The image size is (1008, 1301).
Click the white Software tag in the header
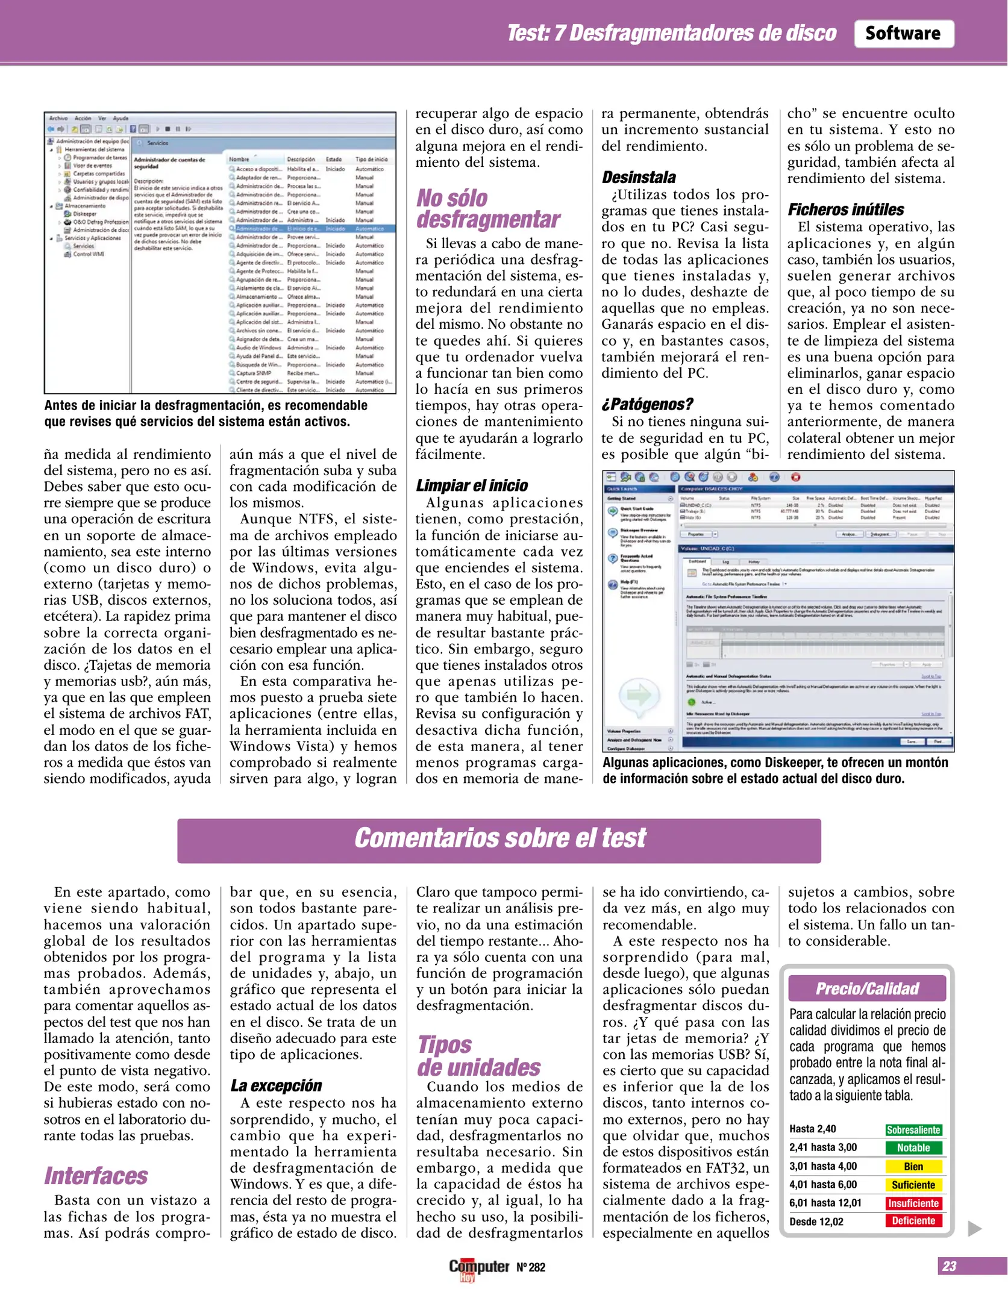tap(903, 34)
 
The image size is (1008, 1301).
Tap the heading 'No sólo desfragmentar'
tap(488, 208)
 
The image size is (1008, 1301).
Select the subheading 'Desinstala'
tap(639, 177)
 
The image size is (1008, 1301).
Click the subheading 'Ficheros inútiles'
tap(845, 210)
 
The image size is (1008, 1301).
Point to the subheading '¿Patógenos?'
tap(647, 404)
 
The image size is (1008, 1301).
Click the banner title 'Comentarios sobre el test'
tap(499, 838)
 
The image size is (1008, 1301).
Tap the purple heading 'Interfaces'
tap(96, 1175)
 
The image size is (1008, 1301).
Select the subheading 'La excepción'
tap(276, 1085)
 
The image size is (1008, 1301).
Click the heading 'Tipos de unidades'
tap(478, 1056)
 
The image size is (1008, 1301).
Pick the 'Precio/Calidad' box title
tap(866, 988)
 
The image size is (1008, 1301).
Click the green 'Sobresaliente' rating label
tap(913, 1130)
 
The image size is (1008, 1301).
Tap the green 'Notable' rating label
tap(913, 1148)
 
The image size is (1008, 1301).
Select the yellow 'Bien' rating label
tap(913, 1167)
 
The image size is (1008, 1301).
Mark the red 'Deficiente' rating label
tap(913, 1221)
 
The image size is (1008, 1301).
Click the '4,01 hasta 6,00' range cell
tap(823, 1185)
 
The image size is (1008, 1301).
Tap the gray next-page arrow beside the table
tap(974, 1229)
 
